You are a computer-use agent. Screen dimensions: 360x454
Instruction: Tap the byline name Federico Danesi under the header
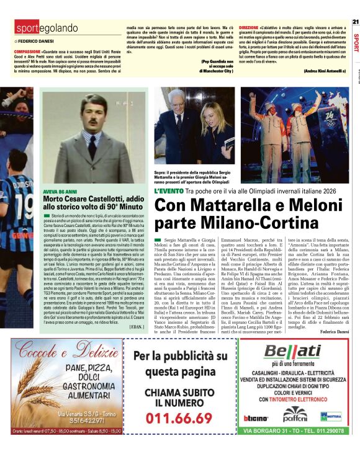tap(38, 41)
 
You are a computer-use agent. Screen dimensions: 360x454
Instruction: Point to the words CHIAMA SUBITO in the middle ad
tap(179, 393)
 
